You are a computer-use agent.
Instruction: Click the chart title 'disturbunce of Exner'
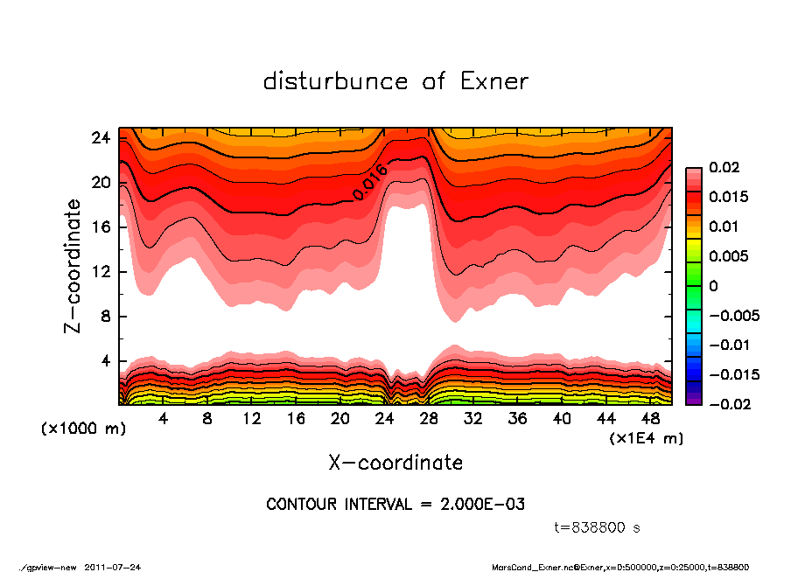pyautogui.click(x=395, y=81)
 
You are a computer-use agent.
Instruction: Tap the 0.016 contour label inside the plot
pyautogui.click(x=370, y=182)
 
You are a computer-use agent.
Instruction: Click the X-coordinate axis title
pyautogui.click(x=395, y=462)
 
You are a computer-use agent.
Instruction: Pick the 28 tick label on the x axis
pyautogui.click(x=429, y=418)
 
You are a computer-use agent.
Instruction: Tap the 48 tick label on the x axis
pyautogui.click(x=650, y=418)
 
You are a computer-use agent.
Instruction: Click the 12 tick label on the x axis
pyautogui.click(x=252, y=418)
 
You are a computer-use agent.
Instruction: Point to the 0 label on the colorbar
pyautogui.click(x=713, y=286)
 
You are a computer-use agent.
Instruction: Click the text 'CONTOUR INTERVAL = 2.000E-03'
pyautogui.click(x=395, y=505)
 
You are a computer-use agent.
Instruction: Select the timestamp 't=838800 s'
pyautogui.click(x=598, y=527)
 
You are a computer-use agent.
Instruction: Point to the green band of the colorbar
pyautogui.click(x=693, y=280)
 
